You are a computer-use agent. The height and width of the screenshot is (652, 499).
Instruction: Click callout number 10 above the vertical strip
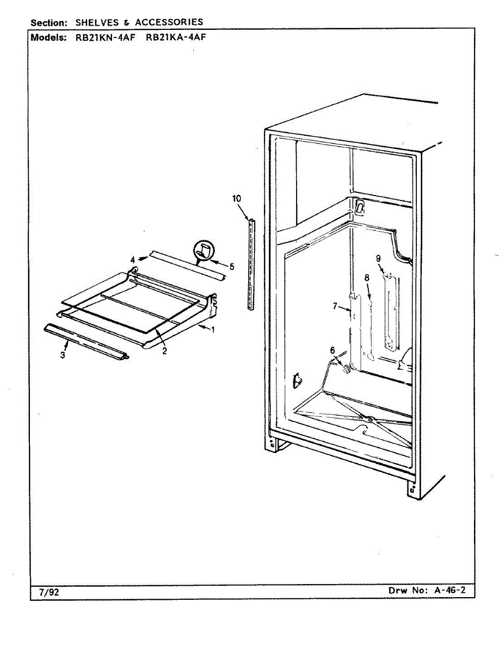[237, 199]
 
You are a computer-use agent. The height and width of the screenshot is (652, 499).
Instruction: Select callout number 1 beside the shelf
[213, 330]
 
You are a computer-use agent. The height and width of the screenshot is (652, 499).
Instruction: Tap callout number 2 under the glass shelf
[164, 351]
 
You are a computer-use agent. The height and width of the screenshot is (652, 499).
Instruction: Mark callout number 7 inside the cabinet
[367, 277]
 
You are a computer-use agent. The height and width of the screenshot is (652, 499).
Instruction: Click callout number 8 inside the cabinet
[378, 258]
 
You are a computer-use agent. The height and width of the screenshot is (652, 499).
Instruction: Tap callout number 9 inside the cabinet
[204, 252]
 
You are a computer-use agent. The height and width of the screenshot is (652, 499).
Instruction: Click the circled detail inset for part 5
[204, 252]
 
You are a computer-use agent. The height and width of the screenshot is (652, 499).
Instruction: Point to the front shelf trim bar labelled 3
[87, 341]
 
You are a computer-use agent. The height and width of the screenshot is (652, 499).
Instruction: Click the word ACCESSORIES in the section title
[169, 22]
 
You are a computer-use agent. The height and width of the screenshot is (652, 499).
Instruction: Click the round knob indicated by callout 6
[344, 369]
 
